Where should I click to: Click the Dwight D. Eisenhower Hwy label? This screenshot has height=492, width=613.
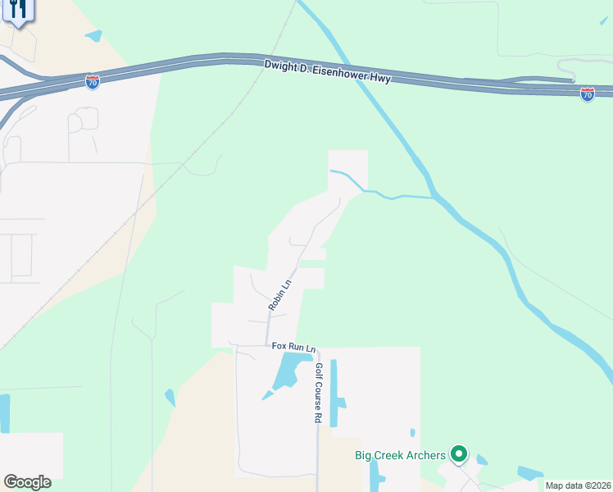point(328,72)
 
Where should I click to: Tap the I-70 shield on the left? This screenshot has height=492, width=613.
point(93,82)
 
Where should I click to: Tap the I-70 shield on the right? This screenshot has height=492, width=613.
point(587,94)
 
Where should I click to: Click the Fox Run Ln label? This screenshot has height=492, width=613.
point(293,348)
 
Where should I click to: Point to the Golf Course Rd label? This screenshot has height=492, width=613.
point(318,394)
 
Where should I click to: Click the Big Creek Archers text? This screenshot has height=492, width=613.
point(400,455)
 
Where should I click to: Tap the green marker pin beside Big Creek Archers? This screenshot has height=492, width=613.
point(459,453)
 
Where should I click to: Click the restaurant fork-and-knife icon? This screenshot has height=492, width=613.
point(18,10)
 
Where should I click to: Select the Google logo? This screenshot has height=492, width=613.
point(27,482)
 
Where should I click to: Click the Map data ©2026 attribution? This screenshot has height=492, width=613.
point(578,485)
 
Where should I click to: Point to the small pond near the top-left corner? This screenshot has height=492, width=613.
point(93,36)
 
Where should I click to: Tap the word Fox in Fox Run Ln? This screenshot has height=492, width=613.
point(279,348)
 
